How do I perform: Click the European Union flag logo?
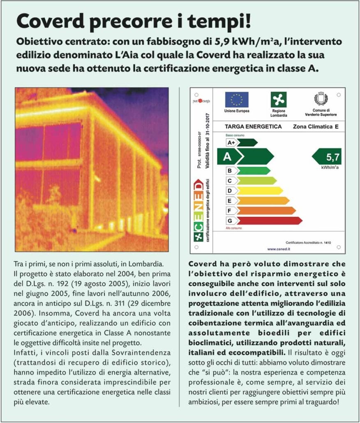(237, 100)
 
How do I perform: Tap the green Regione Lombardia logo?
(278, 100)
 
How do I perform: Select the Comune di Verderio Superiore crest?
(321, 99)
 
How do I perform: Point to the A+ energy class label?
(231, 143)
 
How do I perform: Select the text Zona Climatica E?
(315, 126)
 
